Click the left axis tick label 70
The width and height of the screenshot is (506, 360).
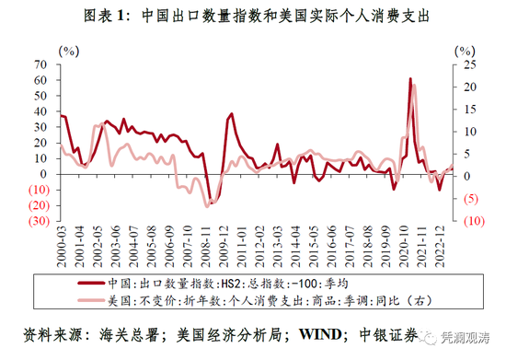tap(40, 64)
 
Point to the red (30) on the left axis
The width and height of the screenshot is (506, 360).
tap(39, 221)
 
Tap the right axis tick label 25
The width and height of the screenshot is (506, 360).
tap(470, 64)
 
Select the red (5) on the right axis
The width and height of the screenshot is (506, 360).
tap(471, 199)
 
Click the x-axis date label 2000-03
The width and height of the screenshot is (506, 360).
tap(62, 247)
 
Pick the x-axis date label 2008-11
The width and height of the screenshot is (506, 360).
tap(206, 247)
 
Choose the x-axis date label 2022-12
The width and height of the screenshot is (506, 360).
tap(440, 247)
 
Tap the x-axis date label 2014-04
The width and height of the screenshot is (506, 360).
tap(296, 247)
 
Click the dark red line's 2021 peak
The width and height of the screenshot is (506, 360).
tap(410, 78)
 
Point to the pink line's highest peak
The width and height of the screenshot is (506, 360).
tap(414, 86)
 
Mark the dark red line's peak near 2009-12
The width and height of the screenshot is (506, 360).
tap(231, 113)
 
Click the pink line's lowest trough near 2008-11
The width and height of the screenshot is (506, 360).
tap(207, 206)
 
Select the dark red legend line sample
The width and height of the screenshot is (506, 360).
tap(91, 284)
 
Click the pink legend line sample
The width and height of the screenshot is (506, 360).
tap(91, 300)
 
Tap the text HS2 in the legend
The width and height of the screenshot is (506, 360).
tap(230, 284)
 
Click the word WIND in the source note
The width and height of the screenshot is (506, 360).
tap(320, 334)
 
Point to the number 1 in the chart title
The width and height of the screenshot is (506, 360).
tap(121, 15)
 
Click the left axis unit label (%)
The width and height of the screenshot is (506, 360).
tap(69, 52)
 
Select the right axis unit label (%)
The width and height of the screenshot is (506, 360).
tap(465, 52)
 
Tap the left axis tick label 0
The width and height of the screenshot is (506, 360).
tap(43, 174)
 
